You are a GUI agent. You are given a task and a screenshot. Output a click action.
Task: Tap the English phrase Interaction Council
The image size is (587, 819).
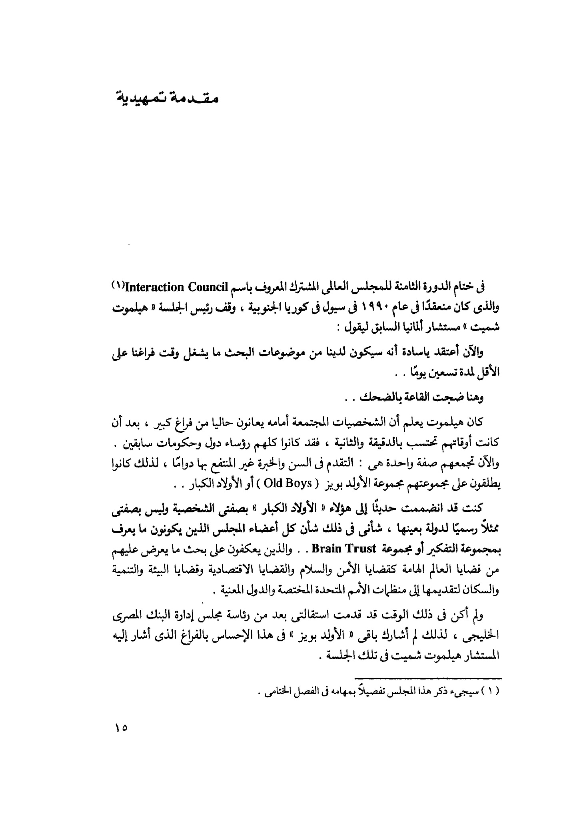click(x=176, y=287)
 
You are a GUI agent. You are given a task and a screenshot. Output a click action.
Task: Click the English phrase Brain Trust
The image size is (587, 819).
click(x=337, y=548)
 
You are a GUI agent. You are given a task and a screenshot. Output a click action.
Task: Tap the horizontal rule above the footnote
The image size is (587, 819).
click(x=428, y=678)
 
